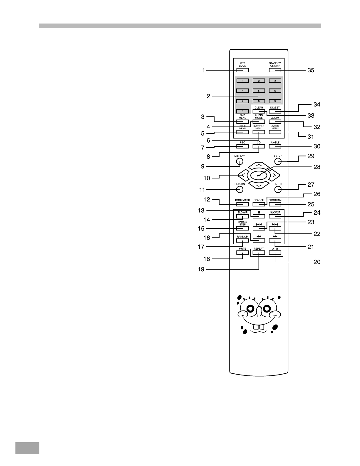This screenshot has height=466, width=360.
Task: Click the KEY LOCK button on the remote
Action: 242,70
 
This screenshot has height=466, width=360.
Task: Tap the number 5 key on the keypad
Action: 259,91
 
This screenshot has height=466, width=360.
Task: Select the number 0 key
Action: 242,111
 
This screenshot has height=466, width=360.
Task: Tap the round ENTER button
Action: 278,189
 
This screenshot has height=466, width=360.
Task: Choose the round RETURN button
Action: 240,189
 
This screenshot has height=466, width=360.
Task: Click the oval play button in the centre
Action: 259,176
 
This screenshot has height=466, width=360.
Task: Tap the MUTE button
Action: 242,253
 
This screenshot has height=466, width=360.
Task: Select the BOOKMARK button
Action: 242,204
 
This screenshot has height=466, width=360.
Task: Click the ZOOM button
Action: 275,122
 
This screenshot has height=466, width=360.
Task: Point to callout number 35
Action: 311,70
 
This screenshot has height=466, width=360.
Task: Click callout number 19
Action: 201,269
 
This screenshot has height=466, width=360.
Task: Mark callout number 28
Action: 317,167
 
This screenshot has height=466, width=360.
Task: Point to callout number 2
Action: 208,96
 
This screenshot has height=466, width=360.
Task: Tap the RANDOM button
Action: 242,240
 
